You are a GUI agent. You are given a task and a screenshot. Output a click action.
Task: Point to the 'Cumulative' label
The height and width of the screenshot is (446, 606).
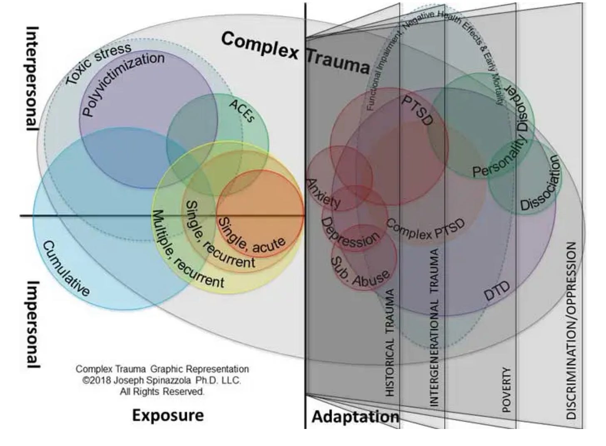point(66,268)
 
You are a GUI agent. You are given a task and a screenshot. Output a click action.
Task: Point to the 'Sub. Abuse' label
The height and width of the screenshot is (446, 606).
point(360,273)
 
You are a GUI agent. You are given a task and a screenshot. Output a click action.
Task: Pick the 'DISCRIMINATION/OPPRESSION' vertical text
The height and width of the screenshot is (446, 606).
point(571,330)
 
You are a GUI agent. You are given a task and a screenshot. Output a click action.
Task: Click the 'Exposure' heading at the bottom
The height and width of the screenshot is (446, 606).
point(168,415)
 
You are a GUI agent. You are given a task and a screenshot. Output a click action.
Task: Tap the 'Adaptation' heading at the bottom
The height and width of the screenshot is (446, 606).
point(355,416)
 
